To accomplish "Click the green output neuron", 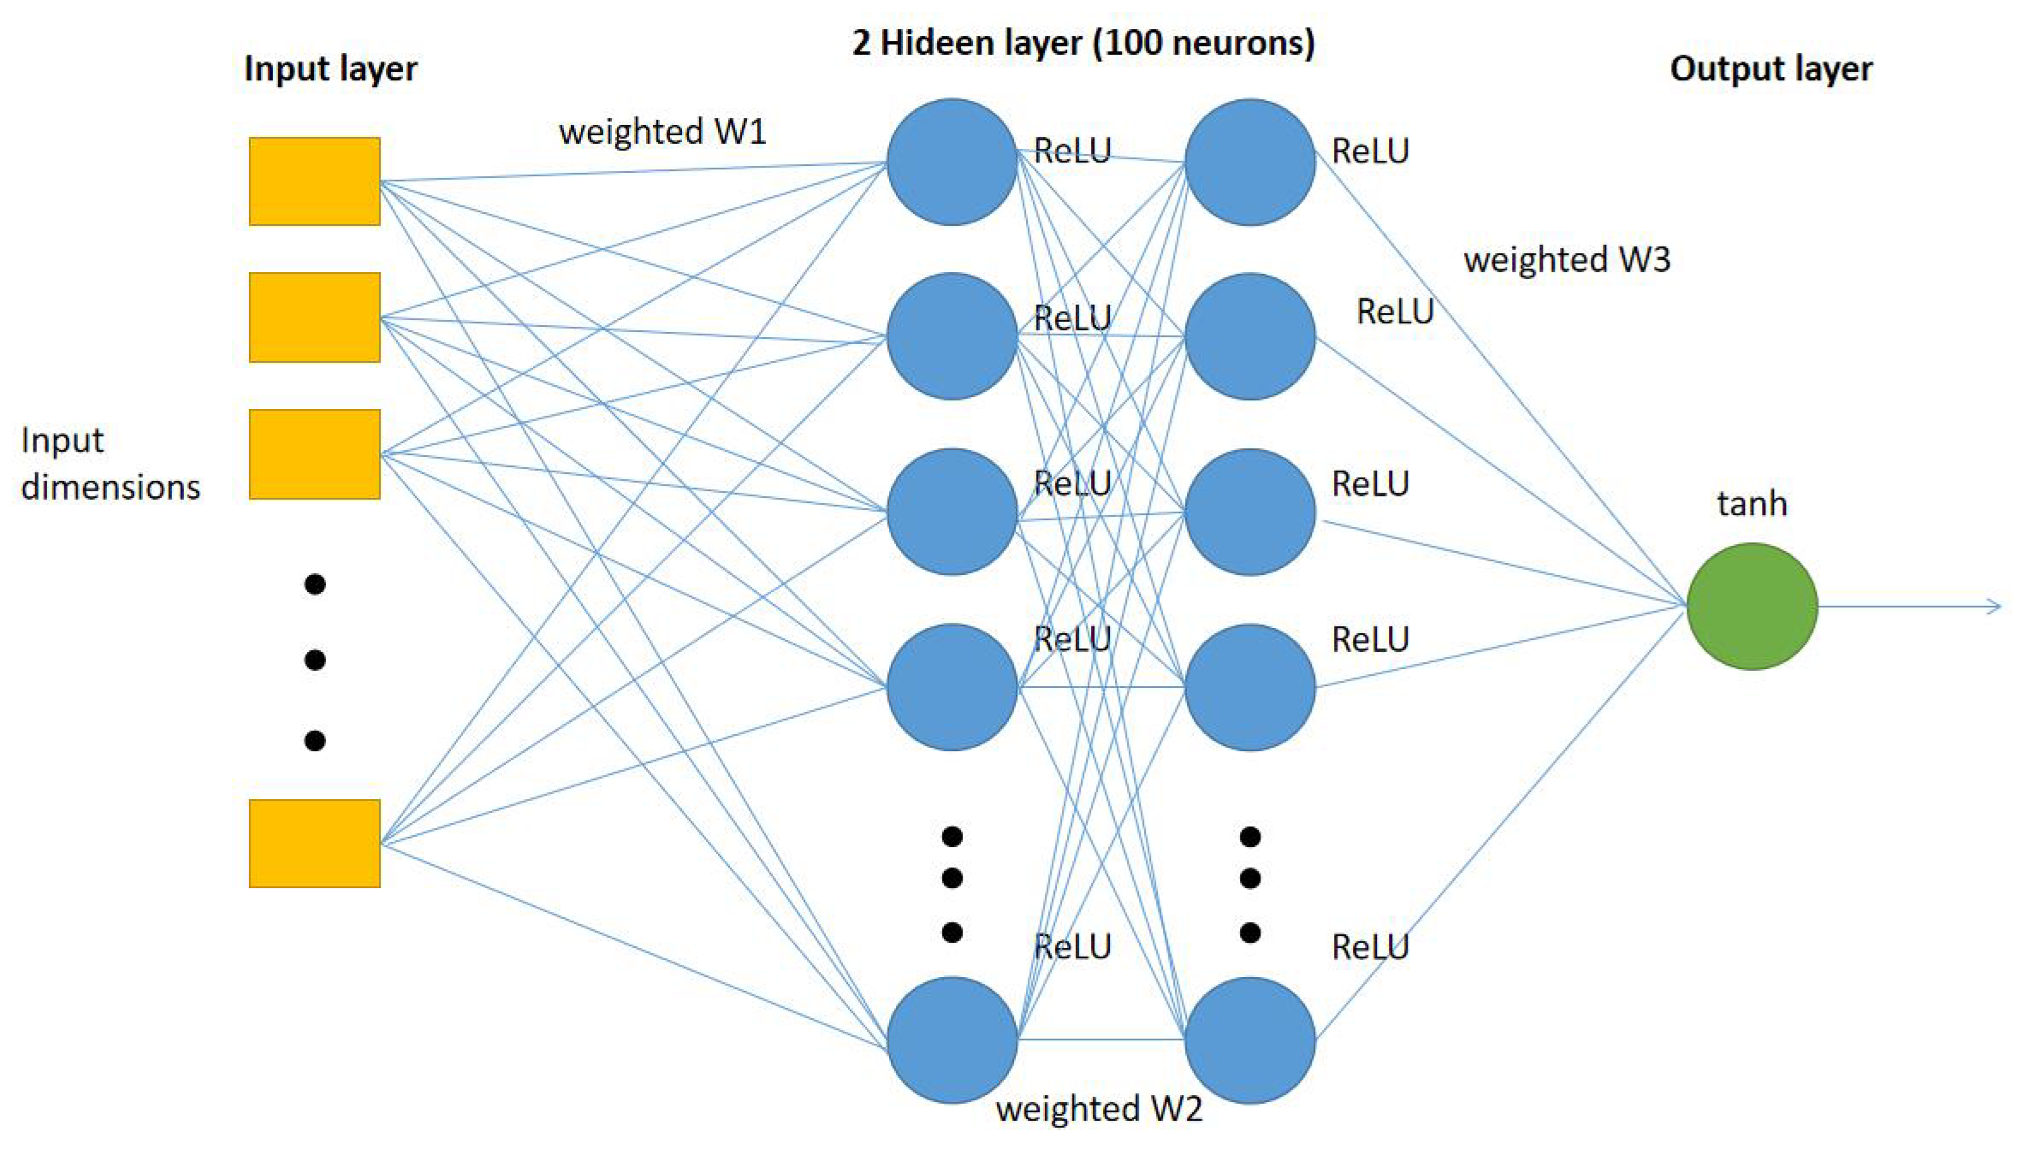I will (x=1752, y=606).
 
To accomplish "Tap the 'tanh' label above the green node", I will (x=1752, y=503).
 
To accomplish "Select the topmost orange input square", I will (x=314, y=181).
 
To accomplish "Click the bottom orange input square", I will (x=314, y=843).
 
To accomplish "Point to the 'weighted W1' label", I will (x=662, y=132).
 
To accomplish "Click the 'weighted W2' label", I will (x=1099, y=1108).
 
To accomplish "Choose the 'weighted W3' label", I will (x=1566, y=259).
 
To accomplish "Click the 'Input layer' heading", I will (x=330, y=68).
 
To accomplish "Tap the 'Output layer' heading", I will (x=1771, y=68).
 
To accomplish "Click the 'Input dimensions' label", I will (x=110, y=463).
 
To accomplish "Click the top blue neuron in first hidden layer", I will (x=952, y=162).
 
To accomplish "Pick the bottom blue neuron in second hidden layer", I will (x=1249, y=1039).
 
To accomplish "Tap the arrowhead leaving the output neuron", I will (x=1994, y=606).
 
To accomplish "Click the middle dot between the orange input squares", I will (x=315, y=660).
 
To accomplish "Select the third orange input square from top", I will (x=314, y=453).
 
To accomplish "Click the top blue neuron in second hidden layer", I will (x=1249, y=162).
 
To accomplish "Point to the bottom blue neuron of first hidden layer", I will (x=952, y=1039).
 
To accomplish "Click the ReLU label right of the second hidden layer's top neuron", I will (x=1369, y=151).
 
